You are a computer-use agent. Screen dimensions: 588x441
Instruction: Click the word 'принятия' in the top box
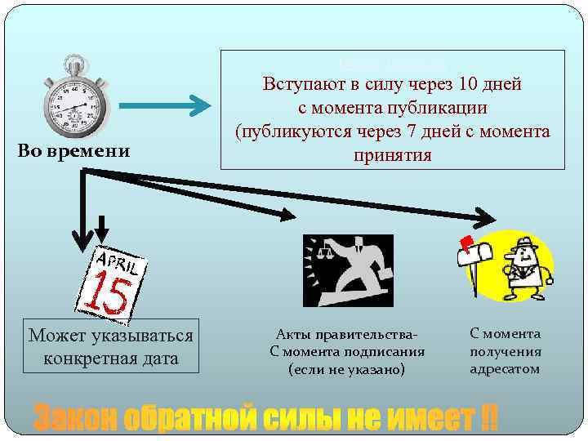(392, 154)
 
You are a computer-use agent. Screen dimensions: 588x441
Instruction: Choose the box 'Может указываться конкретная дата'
(111, 346)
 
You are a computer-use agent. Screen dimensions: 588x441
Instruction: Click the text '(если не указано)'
(347, 369)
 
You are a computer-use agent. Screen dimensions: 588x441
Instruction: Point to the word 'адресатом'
(505, 368)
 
